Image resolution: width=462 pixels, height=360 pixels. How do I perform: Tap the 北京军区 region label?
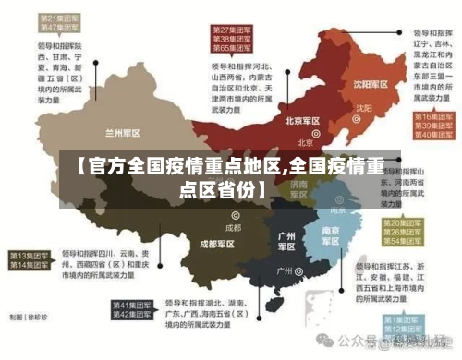(x=302, y=121)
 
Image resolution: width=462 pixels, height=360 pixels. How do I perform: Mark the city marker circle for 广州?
(x=299, y=272)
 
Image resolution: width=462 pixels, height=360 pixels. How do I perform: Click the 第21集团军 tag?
(x=57, y=18)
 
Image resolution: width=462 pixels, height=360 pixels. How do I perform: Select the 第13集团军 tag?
(x=30, y=254)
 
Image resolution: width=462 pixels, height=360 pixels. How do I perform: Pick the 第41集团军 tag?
(x=132, y=305)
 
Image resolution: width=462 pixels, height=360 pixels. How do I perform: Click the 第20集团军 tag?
(x=405, y=224)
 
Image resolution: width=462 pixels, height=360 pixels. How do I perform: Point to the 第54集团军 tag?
(x=405, y=243)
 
